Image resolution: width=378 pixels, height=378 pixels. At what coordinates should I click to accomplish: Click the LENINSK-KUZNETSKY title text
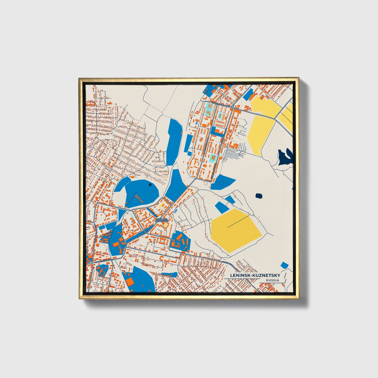[255, 275]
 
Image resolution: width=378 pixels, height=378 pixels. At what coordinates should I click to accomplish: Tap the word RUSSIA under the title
[272, 280]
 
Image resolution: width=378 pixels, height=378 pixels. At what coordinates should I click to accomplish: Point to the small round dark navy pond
[259, 196]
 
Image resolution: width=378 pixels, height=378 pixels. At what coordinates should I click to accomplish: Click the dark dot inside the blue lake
[149, 185]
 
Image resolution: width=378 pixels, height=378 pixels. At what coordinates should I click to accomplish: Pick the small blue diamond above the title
[284, 265]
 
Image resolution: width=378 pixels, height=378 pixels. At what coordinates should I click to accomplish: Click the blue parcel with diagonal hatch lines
[223, 182]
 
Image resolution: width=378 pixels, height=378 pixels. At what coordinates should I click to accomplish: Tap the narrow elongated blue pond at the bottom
[169, 274]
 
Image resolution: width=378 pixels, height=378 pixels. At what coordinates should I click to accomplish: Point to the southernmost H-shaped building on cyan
[213, 157]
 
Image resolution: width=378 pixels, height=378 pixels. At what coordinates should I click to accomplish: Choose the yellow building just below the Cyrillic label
[165, 225]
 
